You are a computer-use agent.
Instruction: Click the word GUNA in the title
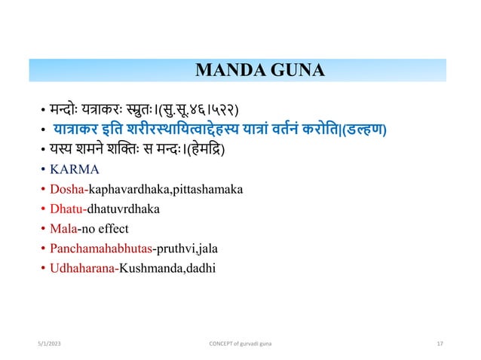(298, 72)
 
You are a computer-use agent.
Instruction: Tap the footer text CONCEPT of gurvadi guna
(240, 343)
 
